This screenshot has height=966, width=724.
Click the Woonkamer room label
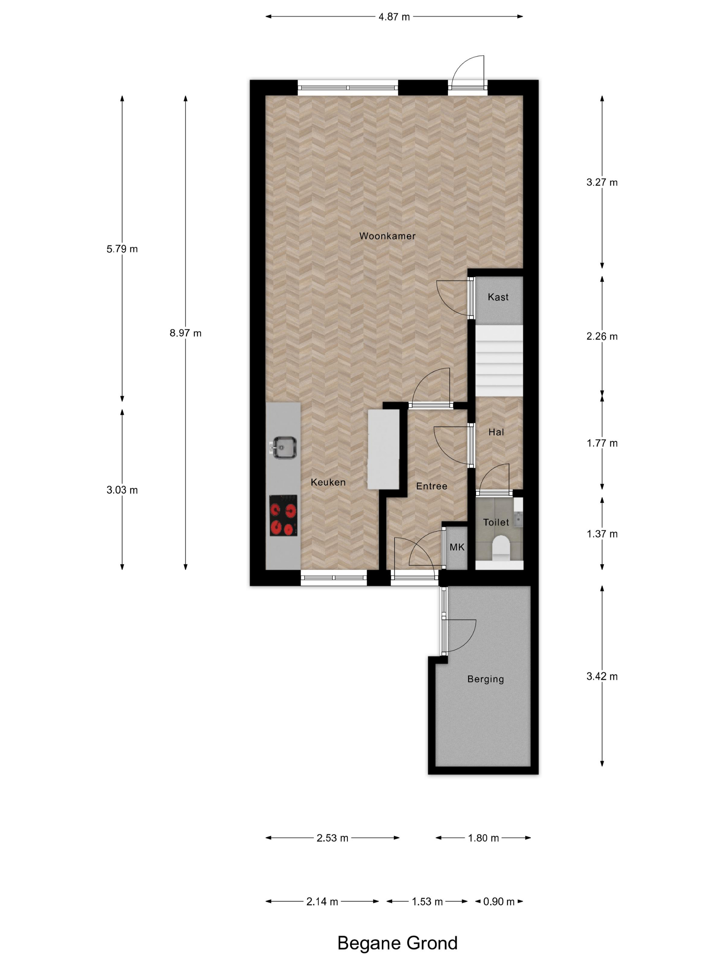pyautogui.click(x=387, y=236)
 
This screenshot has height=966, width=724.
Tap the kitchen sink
pyautogui.click(x=283, y=447)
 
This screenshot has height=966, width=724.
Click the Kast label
pyautogui.click(x=498, y=297)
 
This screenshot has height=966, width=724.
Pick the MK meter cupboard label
pyautogui.click(x=457, y=547)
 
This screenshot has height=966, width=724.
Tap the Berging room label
pyautogui.click(x=485, y=679)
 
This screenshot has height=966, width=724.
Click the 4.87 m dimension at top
pyautogui.click(x=394, y=17)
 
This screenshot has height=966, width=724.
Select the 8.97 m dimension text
pyautogui.click(x=185, y=333)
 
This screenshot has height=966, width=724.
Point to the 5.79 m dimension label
pyautogui.click(x=122, y=249)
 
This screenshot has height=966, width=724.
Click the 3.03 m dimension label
pyautogui.click(x=122, y=490)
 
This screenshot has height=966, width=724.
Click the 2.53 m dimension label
pyautogui.click(x=333, y=838)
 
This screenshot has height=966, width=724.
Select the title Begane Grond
pyautogui.click(x=397, y=943)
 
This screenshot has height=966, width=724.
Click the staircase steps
pyautogui.click(x=499, y=360)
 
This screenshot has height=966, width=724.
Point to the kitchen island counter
pyautogui.click(x=383, y=449)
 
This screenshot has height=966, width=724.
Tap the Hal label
pyautogui.click(x=496, y=432)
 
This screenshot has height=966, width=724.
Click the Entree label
pyautogui.click(x=432, y=486)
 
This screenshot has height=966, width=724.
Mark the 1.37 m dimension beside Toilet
pyautogui.click(x=602, y=534)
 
